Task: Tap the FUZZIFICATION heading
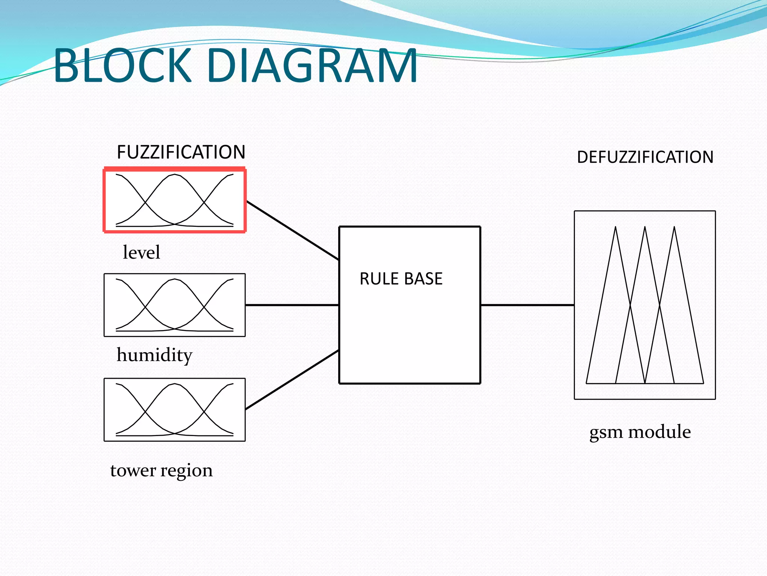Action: point(181,152)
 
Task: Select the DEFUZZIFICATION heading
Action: point(645,157)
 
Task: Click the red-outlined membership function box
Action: point(175,200)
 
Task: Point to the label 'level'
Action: point(141,252)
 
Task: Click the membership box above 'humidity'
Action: point(175,305)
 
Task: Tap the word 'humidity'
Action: point(154,355)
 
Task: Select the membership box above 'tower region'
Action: point(175,409)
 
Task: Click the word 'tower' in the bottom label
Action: point(133,470)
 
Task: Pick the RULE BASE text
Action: point(401,279)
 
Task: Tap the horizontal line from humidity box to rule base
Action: point(292,305)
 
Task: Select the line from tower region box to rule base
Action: point(292,379)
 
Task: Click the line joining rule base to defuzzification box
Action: point(527,305)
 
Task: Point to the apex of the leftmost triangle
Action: point(615,227)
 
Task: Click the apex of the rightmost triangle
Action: point(674,227)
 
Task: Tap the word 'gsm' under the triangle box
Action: point(606,432)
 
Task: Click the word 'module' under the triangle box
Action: point(659,432)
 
